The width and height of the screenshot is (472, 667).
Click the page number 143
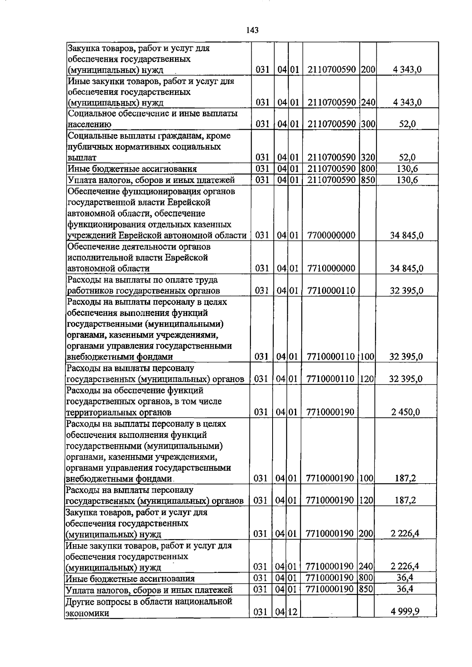coord(253,30)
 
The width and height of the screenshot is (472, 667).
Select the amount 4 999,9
coord(405,612)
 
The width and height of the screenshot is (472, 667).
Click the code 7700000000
coord(331,235)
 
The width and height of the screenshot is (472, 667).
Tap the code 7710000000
coord(331,268)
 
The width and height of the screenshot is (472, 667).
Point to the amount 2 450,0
coord(405,412)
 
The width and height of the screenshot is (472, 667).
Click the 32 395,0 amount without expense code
coord(406,291)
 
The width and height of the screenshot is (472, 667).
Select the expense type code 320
coord(368,157)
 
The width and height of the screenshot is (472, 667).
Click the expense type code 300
coord(368,124)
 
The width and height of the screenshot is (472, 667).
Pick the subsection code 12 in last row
coord(294,612)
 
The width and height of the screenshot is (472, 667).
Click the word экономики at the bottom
coord(87,613)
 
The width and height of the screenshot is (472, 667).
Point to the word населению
coord(89,124)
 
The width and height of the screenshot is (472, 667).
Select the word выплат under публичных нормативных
coord(82,158)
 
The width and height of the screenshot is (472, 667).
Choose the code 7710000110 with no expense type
coord(331,291)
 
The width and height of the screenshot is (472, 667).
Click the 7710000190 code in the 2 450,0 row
coord(330,412)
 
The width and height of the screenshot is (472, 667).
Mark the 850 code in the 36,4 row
coord(366,589)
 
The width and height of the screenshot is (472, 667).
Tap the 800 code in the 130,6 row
coord(368,169)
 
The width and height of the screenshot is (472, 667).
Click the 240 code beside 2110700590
coord(368,102)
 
